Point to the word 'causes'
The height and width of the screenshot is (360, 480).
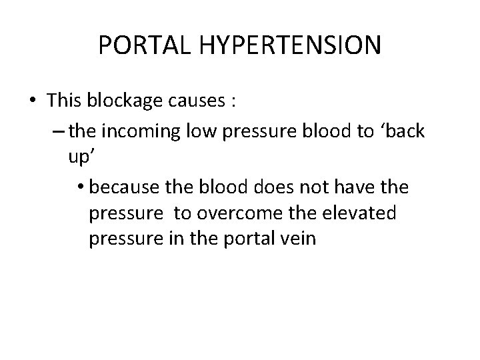pos(197,101)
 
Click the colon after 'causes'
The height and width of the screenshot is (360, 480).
pos(233,101)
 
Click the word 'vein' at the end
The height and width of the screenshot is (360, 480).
pos(299,238)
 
